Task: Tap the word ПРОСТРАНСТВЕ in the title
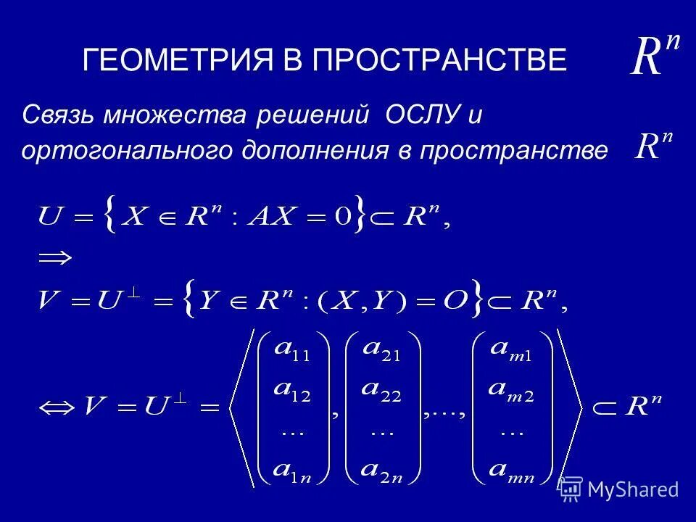pos(439,60)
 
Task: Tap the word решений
pos(307,115)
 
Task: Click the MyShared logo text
pos(633,489)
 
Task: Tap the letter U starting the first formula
pos(51,216)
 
